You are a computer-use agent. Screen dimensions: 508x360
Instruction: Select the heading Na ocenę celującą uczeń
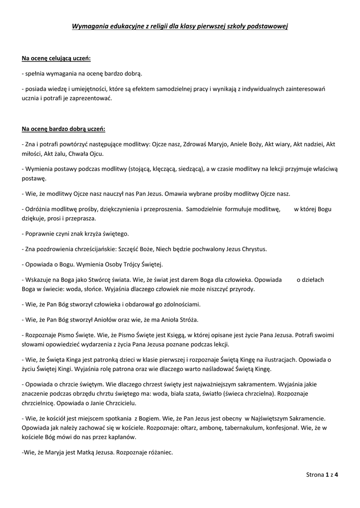pos(56,59)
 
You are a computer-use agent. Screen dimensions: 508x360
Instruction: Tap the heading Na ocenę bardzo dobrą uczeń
pos(64,129)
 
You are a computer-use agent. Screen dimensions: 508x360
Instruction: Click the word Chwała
pos(73,153)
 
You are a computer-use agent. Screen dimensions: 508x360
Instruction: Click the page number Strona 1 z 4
pos(322,475)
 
